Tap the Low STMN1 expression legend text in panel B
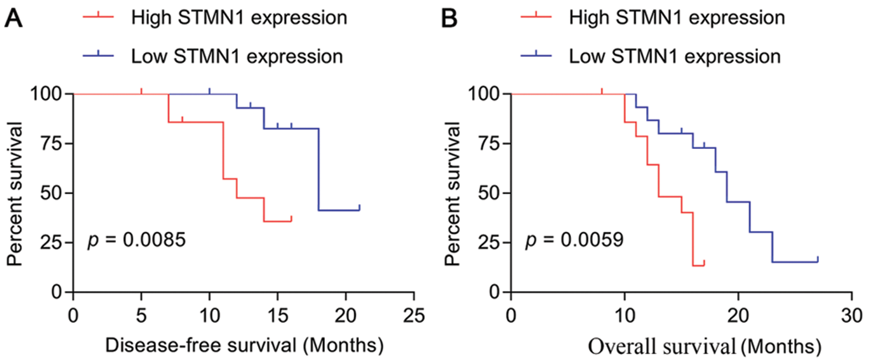point(673,57)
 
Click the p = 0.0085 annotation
point(137,240)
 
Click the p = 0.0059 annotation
point(575,240)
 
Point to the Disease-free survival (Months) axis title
point(244,346)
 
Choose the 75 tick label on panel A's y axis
point(53,143)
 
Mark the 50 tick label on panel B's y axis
point(491,192)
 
